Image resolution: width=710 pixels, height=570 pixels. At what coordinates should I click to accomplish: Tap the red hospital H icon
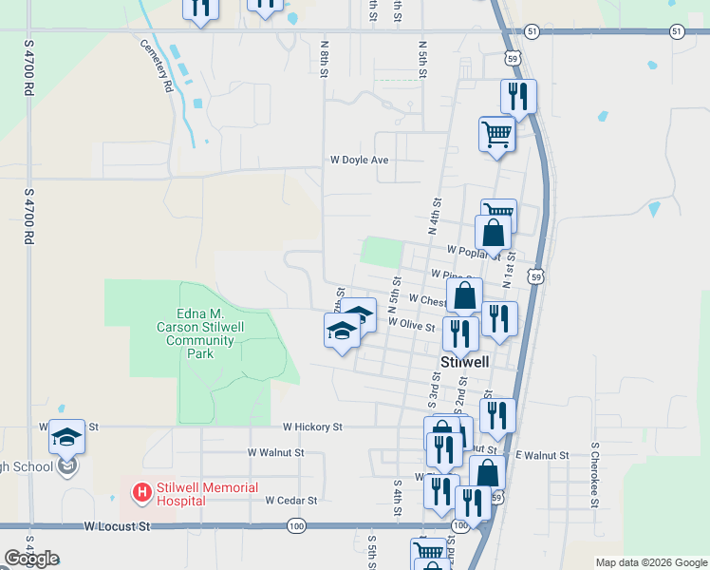[141, 492]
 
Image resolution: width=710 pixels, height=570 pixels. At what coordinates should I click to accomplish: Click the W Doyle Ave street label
[359, 161]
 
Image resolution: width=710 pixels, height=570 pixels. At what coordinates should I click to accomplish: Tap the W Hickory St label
[311, 427]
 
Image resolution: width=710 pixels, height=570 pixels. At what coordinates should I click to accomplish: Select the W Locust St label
[118, 524]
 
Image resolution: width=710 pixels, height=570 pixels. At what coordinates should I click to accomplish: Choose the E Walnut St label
[542, 456]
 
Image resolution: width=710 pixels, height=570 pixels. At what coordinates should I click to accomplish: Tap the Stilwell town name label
[465, 362]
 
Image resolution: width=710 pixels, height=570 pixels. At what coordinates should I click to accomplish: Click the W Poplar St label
[473, 254]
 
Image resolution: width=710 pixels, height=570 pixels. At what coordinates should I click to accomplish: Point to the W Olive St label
[411, 323]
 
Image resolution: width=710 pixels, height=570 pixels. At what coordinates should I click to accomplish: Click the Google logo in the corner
[31, 559]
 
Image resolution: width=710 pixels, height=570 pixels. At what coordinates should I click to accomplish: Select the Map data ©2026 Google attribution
[650, 562]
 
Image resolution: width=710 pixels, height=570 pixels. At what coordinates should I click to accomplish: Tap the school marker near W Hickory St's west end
[66, 436]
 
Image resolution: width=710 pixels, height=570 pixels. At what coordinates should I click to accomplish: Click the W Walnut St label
[275, 453]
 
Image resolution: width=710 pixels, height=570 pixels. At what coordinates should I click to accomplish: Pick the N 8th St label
[325, 57]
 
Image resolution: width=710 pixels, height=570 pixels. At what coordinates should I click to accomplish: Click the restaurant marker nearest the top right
[518, 95]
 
